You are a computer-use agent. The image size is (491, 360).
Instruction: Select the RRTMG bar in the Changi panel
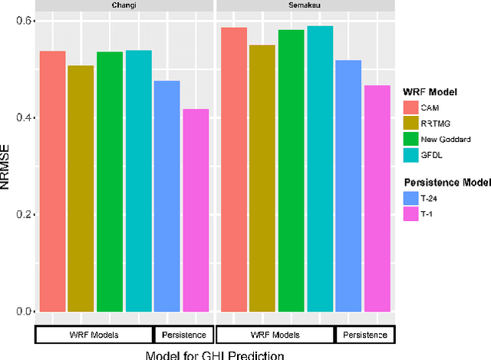pyautogui.click(x=81, y=189)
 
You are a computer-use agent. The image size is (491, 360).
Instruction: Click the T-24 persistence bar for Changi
pyautogui.click(x=167, y=197)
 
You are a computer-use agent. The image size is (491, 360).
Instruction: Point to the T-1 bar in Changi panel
pyautogui.click(x=196, y=210)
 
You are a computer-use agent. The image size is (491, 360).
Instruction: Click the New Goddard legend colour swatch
pyautogui.click(x=410, y=139)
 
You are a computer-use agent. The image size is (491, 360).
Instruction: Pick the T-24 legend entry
pyautogui.click(x=427, y=198)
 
